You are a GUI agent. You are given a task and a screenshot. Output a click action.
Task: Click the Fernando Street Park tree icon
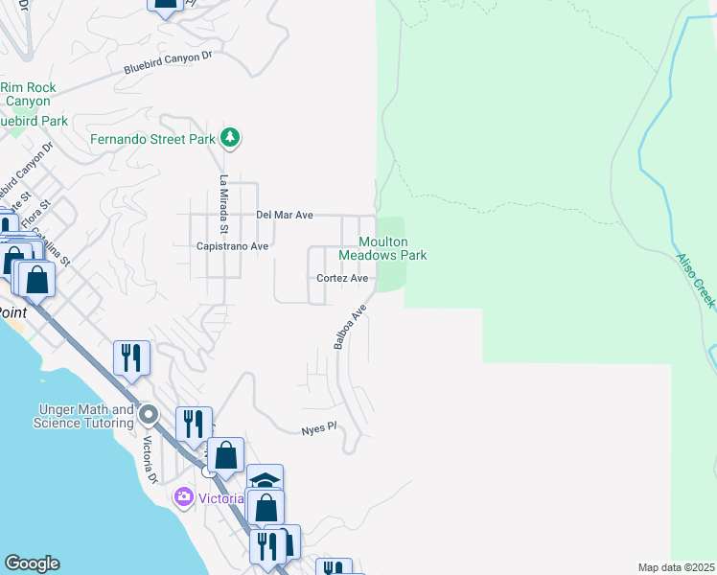[x=229, y=138]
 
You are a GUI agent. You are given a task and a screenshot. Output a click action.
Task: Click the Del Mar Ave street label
[x=285, y=215]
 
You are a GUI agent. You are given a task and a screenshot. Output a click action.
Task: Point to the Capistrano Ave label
[x=232, y=246]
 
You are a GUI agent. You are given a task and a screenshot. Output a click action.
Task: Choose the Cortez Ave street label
[x=343, y=278]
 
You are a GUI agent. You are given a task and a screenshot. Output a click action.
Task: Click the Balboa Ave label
[x=351, y=327]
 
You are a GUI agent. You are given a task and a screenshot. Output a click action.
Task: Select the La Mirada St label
[x=223, y=204]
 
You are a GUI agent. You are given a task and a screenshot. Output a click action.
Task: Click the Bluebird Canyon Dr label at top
[x=167, y=63]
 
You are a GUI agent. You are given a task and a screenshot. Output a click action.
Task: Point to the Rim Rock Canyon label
[x=28, y=94]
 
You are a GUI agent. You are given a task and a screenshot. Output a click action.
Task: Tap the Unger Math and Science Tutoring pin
[x=149, y=416]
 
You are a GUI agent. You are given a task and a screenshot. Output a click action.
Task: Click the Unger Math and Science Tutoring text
[x=83, y=416]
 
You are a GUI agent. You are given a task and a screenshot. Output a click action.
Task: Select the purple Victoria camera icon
[x=183, y=497]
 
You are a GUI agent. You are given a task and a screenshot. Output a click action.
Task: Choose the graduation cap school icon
[x=265, y=479]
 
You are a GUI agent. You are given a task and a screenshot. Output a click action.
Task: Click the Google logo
[x=32, y=563]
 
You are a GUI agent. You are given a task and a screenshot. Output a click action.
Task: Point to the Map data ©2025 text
[x=677, y=567]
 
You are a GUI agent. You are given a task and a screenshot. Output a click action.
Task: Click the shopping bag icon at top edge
[x=165, y=5]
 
